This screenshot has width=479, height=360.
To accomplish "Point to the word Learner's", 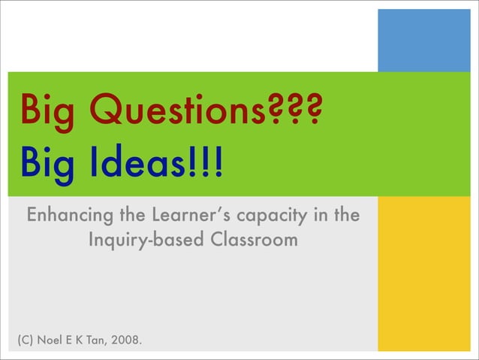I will [191, 216].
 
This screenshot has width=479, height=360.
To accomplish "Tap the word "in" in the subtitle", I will [320, 216].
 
